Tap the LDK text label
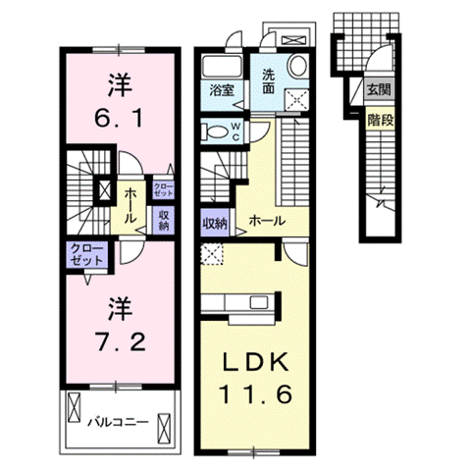[254, 361]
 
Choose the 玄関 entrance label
[379, 89]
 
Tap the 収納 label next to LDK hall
[215, 222]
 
